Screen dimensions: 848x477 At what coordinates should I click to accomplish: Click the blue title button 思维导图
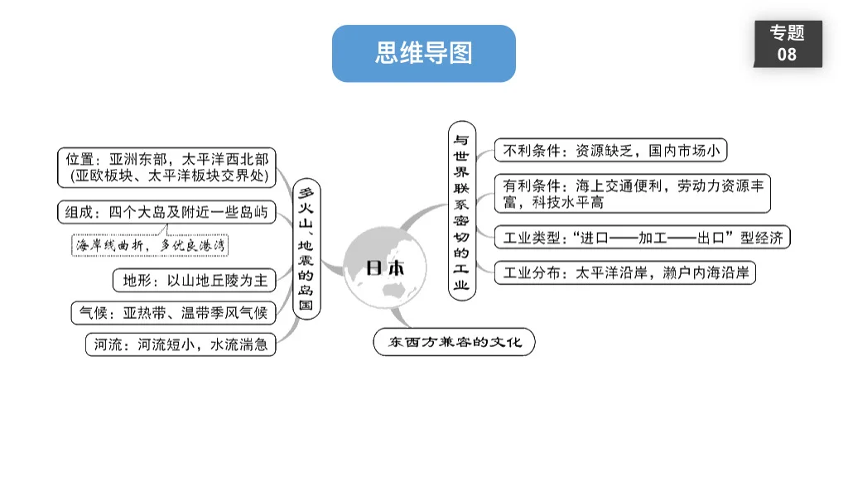coord(423,54)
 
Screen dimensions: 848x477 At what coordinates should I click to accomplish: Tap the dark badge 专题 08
coord(787,43)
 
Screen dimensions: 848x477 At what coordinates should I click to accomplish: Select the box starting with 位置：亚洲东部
coord(167,166)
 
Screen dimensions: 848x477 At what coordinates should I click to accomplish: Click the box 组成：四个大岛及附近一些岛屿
coord(166,213)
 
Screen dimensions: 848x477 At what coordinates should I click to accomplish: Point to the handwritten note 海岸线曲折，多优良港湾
coord(152,245)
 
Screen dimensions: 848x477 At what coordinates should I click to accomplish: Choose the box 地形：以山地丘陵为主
coord(195,281)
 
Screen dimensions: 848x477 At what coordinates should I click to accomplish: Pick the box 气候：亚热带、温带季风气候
coord(173,313)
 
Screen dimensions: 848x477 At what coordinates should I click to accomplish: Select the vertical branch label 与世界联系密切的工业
coord(461,211)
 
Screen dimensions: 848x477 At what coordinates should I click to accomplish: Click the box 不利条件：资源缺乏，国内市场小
coord(610,151)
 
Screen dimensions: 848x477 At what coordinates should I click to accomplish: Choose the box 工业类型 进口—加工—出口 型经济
coord(642,238)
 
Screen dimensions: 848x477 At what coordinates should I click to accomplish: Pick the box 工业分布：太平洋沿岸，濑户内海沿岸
coord(626,272)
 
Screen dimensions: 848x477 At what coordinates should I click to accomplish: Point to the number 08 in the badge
coord(787,55)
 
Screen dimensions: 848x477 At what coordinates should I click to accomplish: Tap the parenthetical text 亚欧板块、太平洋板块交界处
coord(170,176)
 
